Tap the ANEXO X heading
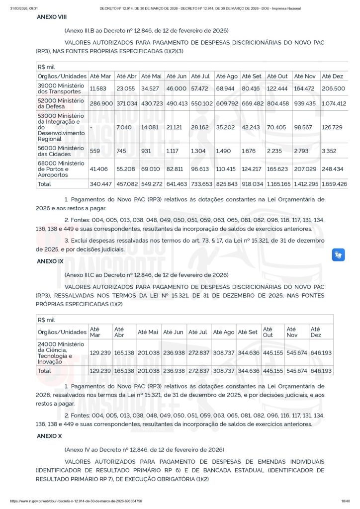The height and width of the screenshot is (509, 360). (49, 435)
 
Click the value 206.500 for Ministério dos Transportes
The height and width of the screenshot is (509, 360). (333, 88)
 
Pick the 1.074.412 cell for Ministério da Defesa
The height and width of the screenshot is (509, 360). (334, 103)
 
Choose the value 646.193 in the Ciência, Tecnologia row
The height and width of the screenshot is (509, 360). (321, 352)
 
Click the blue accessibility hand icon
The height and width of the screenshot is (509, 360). (339, 255)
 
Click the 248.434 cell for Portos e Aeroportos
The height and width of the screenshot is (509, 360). (334, 169)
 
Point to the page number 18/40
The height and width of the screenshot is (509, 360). (346, 501)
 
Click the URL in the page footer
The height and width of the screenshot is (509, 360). (76, 501)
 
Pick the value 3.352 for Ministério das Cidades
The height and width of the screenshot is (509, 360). (330, 151)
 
